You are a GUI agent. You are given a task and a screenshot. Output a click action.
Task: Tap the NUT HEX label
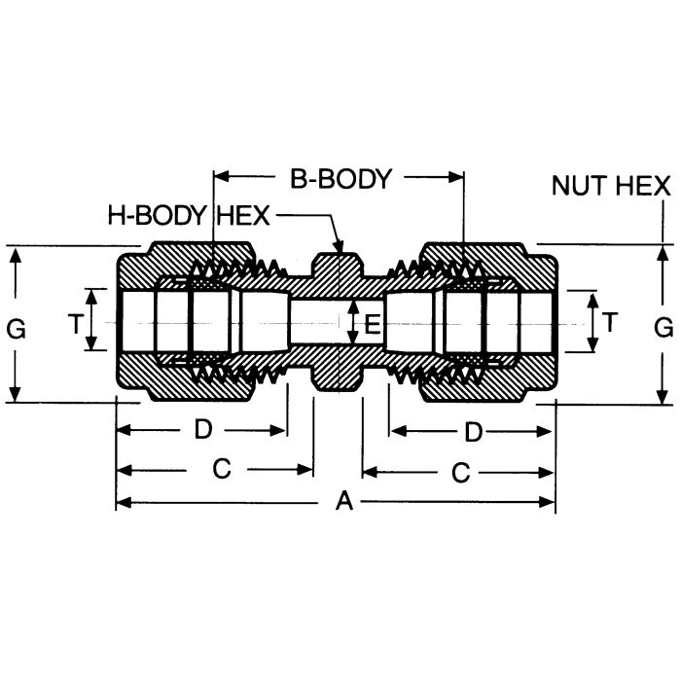611,186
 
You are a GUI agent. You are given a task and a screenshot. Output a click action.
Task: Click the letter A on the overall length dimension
342,502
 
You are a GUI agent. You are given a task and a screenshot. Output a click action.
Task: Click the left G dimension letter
16,329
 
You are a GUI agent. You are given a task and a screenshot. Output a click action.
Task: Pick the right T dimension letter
610,322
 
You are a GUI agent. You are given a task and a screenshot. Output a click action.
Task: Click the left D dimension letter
203,429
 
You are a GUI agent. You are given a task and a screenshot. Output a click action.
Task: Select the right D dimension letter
473,429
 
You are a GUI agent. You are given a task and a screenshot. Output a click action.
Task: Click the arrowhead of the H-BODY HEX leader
339,250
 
